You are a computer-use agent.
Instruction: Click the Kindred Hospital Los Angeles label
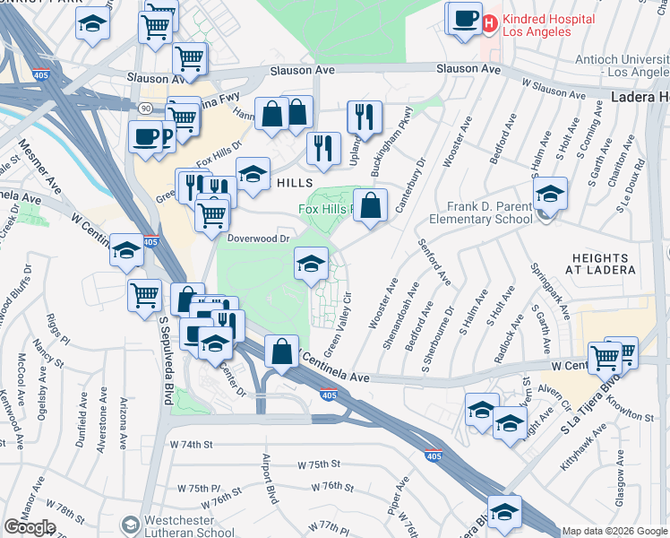pyautogui.click(x=548, y=25)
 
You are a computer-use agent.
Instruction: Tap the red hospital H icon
pyautogui.click(x=490, y=23)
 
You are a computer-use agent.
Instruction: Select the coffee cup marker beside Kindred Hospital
pyautogui.click(x=464, y=20)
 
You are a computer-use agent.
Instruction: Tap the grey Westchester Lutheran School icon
pyautogui.click(x=131, y=525)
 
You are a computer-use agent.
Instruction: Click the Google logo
pyautogui.click(x=30, y=527)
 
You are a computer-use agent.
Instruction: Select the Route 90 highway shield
pyautogui.click(x=145, y=107)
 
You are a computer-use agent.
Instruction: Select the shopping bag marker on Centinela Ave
pyautogui.click(x=281, y=351)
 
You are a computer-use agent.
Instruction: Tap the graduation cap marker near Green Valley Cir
pyautogui.click(x=311, y=264)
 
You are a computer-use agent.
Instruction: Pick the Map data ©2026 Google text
pyautogui.click(x=614, y=531)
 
